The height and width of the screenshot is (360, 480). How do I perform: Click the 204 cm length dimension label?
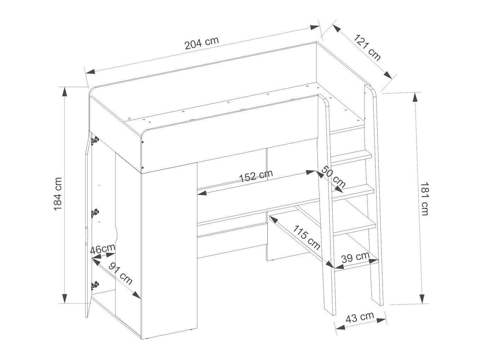click(202, 43)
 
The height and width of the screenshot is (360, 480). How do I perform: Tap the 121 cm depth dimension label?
click(367, 47)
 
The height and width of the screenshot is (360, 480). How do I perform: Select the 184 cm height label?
click(58, 194)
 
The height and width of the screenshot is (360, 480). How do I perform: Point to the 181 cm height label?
click(425, 199)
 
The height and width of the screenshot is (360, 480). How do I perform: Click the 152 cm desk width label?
click(256, 176)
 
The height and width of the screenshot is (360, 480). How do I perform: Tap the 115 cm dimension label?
click(306, 237)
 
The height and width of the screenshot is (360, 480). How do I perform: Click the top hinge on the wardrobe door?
click(95, 140)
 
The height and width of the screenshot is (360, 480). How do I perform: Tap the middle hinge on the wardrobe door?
click(95, 213)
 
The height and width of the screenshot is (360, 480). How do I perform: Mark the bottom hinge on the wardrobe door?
click(95, 285)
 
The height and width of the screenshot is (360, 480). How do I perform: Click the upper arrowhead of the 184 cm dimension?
click(65, 92)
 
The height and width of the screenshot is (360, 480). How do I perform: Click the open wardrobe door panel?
click(88, 225)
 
